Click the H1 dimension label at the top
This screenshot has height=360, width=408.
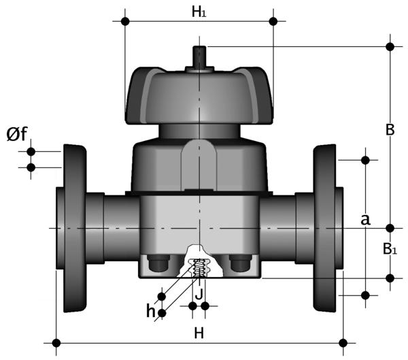tap(199, 12)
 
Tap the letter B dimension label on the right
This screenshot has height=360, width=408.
tap(390, 129)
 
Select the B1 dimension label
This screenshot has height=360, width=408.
tap(390, 249)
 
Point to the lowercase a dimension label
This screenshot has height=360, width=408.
tap(365, 220)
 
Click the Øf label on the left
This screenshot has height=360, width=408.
tap(17, 133)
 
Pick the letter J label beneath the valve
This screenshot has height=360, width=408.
tap(199, 295)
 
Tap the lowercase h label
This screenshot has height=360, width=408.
tap(151, 311)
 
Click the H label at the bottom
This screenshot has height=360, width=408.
tap(199, 333)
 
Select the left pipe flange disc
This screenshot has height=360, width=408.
tap(75, 228)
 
